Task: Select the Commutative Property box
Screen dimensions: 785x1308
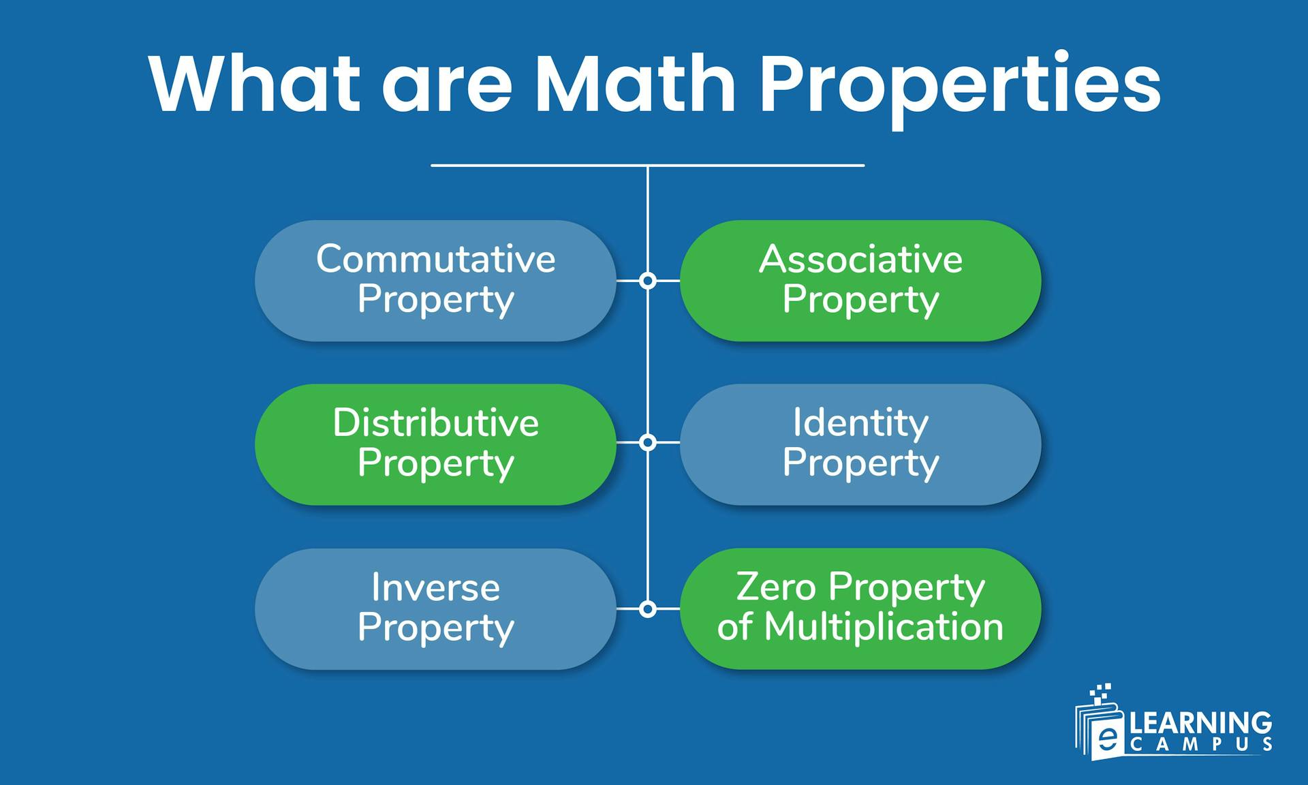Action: pos(435,280)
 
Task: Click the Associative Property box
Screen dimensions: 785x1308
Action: pos(860,280)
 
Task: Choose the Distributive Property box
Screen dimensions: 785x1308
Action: pos(435,444)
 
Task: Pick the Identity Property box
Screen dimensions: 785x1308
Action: pos(860,444)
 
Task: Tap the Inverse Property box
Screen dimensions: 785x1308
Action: pos(435,609)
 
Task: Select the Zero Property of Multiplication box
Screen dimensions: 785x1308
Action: pos(860,609)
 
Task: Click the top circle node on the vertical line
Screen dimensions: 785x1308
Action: pos(648,280)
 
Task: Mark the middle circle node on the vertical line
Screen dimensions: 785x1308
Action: pos(648,442)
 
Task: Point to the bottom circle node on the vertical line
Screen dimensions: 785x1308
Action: pos(648,609)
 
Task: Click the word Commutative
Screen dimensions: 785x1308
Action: pos(435,259)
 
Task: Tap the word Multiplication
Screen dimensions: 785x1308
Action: pos(884,627)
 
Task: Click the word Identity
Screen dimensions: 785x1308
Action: pos(860,423)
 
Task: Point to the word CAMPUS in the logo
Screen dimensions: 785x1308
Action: pos(1200,745)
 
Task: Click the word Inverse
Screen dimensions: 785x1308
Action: pos(435,587)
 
